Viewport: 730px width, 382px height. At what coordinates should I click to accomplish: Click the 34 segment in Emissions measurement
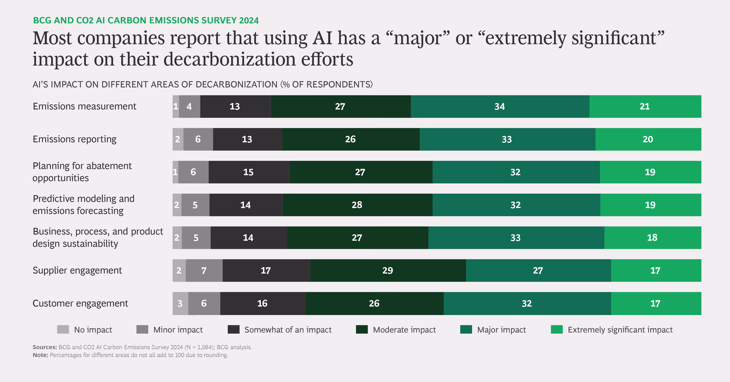pos(500,107)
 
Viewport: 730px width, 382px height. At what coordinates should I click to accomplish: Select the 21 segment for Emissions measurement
pos(645,107)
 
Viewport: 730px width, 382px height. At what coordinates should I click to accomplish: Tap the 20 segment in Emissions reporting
pos(648,139)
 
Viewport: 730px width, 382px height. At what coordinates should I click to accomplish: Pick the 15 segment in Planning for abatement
pos(248,172)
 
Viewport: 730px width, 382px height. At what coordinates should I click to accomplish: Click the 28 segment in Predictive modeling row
pos(357,205)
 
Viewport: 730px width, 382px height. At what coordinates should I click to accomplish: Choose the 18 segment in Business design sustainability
pos(652,237)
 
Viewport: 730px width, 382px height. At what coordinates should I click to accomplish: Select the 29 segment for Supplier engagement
pos(388,270)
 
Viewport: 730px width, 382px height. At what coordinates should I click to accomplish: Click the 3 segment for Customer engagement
pos(180,303)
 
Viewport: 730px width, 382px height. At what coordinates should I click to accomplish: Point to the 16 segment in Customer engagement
pos(262,303)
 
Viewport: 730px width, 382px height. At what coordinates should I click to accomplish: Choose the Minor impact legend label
pos(178,330)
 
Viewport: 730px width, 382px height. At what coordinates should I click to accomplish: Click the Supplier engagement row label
pos(77,270)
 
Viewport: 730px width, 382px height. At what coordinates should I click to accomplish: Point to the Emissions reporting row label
pos(74,139)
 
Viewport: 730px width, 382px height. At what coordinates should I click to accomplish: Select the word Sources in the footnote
pos(45,347)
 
